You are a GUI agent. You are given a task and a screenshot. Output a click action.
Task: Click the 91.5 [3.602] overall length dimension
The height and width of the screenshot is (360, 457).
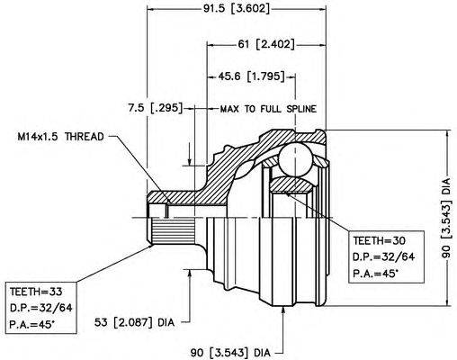click(237, 9)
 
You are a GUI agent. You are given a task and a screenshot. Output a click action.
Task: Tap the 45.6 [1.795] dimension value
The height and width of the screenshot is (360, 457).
click(251, 76)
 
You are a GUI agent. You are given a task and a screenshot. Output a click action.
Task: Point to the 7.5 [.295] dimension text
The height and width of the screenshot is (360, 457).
click(155, 108)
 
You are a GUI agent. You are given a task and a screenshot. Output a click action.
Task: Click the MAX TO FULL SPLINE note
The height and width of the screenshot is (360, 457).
click(268, 109)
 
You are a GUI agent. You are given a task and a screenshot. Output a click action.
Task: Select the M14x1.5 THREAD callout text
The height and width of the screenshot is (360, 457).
click(60, 137)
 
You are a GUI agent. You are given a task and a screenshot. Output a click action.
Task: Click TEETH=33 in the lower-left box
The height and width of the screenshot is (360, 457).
click(36, 292)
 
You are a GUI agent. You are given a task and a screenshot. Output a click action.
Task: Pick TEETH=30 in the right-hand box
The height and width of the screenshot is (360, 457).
click(379, 240)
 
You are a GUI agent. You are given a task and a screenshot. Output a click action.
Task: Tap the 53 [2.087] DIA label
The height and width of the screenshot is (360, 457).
click(134, 322)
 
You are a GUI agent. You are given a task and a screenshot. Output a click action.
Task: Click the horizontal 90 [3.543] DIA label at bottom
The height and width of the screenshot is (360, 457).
click(230, 352)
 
